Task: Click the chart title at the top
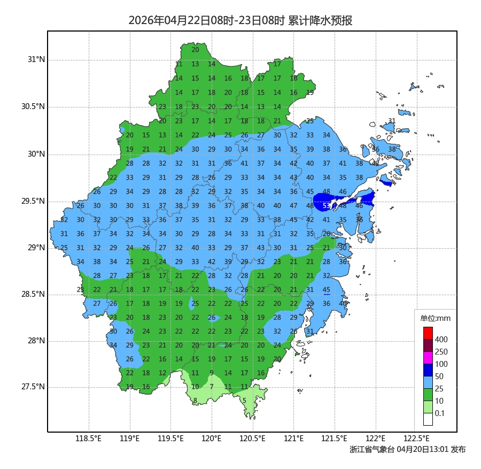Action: tap(240, 21)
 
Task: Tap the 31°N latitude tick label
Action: tap(36, 59)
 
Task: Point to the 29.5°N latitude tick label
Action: tap(33, 201)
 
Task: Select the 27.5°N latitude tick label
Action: tap(33, 387)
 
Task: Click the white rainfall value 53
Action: tap(327, 205)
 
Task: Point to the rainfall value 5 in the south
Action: tap(244, 400)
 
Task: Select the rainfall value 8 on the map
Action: tap(195, 400)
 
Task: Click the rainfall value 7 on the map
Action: tap(212, 387)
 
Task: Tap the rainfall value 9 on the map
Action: tap(212, 373)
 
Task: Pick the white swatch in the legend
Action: tap(428, 419)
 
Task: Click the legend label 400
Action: tap(441, 340)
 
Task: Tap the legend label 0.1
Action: tap(440, 413)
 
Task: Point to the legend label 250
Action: tap(441, 352)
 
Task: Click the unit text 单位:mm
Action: tap(435, 319)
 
